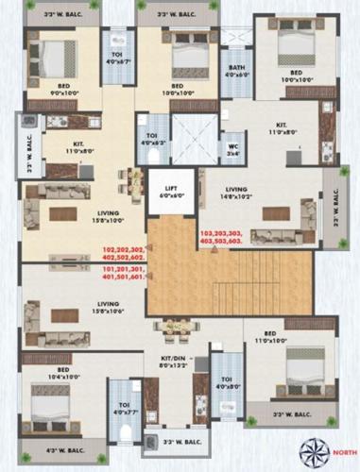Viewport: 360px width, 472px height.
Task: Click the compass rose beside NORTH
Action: (x=312, y=450)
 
